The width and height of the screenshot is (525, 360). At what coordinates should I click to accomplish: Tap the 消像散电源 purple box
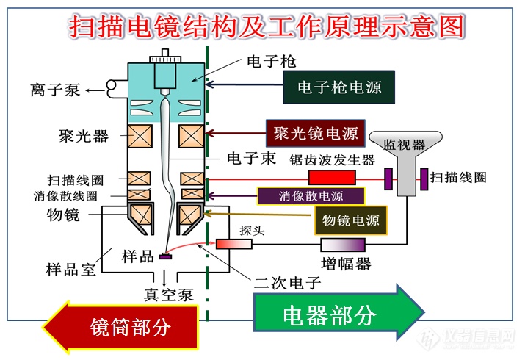tap(311, 196)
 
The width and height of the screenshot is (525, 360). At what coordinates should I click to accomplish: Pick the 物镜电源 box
tap(350, 219)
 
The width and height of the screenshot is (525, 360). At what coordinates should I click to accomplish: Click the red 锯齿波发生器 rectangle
tap(332, 177)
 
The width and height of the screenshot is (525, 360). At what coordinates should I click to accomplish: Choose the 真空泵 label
tap(168, 295)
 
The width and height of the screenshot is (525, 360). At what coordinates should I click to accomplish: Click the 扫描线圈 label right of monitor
tap(458, 177)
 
